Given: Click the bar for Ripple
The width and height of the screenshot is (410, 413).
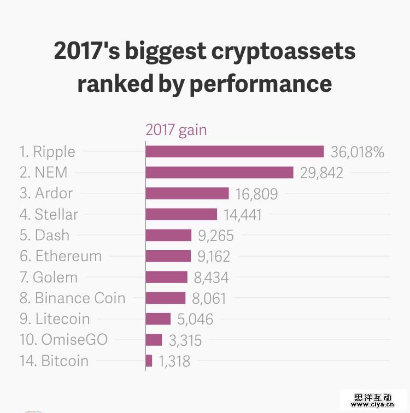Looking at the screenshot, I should (235, 152).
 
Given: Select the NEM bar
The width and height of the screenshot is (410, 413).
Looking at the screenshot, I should (220, 173).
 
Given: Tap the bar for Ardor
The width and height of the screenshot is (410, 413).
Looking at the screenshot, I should (187, 193).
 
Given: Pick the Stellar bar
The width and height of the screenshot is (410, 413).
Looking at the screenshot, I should (181, 214).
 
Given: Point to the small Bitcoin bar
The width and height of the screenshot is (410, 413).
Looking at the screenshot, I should (149, 361).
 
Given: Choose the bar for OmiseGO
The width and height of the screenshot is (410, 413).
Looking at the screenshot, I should (154, 340).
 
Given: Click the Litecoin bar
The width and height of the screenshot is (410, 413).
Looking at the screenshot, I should (159, 319).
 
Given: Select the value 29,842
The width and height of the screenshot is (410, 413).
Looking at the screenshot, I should (321, 173).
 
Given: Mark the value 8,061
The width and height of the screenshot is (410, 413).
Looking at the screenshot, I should (208, 298).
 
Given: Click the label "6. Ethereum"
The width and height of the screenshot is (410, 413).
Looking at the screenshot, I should (61, 256).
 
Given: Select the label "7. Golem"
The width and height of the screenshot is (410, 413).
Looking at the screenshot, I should (49, 277).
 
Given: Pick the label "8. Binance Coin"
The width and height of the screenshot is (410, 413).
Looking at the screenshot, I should (72, 298).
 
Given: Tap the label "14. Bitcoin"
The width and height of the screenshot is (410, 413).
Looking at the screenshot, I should (54, 361).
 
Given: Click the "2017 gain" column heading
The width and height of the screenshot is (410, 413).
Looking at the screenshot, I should (175, 130).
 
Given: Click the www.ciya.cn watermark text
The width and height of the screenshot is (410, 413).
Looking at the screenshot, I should (373, 405).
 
